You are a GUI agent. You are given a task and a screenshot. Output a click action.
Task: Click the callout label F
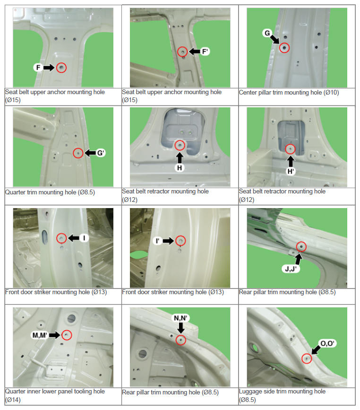pyautogui.click(x=38, y=68)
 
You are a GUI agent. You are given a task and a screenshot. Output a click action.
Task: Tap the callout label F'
pyautogui.click(x=205, y=52)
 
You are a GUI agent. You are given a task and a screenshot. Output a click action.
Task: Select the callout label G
pyautogui.click(x=267, y=33)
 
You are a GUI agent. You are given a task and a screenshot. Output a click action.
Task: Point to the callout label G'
pyautogui.click(x=101, y=153)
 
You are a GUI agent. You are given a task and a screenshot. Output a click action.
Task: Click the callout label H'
pyautogui.click(x=291, y=171)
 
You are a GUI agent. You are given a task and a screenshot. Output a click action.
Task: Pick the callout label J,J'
pyautogui.click(x=291, y=269)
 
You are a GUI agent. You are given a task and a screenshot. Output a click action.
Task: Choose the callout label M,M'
pyautogui.click(x=40, y=335)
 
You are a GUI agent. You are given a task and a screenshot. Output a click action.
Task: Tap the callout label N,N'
pyautogui.click(x=180, y=318)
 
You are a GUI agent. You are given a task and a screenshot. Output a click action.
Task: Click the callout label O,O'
pyautogui.click(x=327, y=343)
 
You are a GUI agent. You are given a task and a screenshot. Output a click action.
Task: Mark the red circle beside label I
pyautogui.click(x=62, y=238)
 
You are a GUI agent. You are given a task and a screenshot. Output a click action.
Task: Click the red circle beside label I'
pyautogui.click(x=180, y=241)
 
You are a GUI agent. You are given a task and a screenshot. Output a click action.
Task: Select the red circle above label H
pyautogui.click(x=180, y=145)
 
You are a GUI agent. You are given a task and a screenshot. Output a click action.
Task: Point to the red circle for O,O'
pyautogui.click(x=307, y=358)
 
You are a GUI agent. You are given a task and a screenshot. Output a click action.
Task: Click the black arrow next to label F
pyautogui.click(x=49, y=68)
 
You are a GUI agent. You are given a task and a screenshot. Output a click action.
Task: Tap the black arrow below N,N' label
pyautogui.click(x=180, y=328)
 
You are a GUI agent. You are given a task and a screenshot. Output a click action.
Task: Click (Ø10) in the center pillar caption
pyautogui.click(x=331, y=93)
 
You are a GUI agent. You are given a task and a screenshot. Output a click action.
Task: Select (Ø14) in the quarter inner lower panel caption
pyautogui.click(x=13, y=400)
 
